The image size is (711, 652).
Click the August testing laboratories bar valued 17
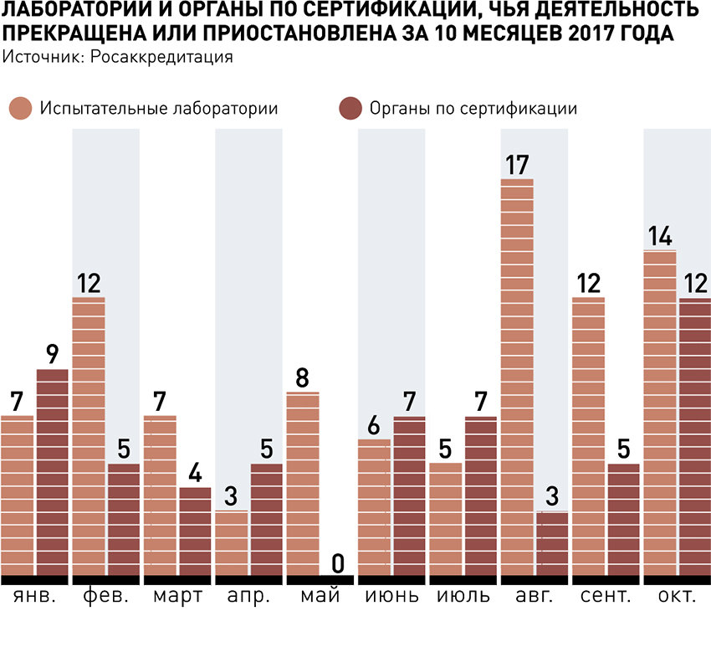517,377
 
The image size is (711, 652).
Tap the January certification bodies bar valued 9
53,472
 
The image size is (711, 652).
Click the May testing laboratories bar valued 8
303,484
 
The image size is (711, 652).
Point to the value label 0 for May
338,562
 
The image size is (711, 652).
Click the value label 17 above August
517,164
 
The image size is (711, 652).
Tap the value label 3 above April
232,496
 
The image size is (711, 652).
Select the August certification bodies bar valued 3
552,543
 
